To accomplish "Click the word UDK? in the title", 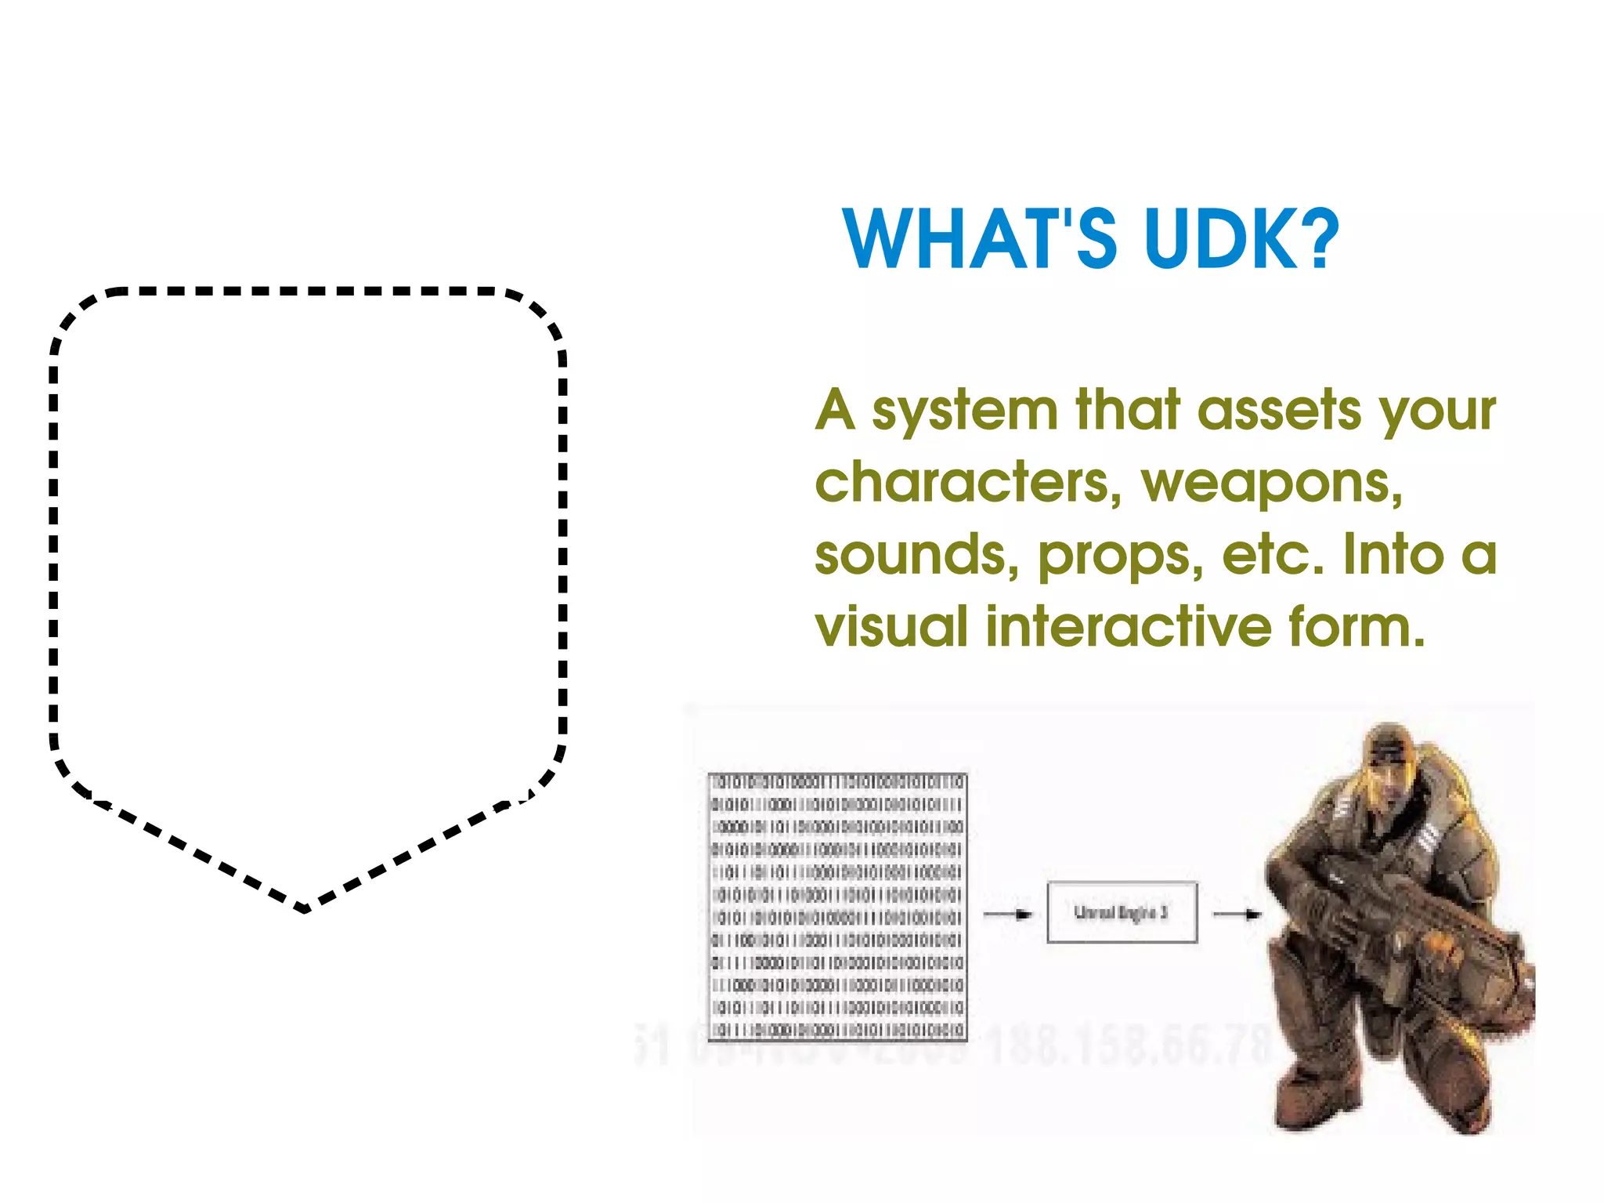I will pyautogui.click(x=1241, y=238).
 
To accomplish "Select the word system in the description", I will pyautogui.click(x=965, y=411).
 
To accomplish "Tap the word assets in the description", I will pyautogui.click(x=1280, y=411).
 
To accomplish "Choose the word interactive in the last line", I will pyautogui.click(x=1128, y=627).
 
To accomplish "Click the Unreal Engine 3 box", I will pyautogui.click(x=1122, y=912).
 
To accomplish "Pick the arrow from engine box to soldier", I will pyautogui.click(x=1237, y=914).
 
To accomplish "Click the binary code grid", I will pyautogui.click(x=837, y=907).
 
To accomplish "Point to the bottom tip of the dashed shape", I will pyautogui.click(x=305, y=909).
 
